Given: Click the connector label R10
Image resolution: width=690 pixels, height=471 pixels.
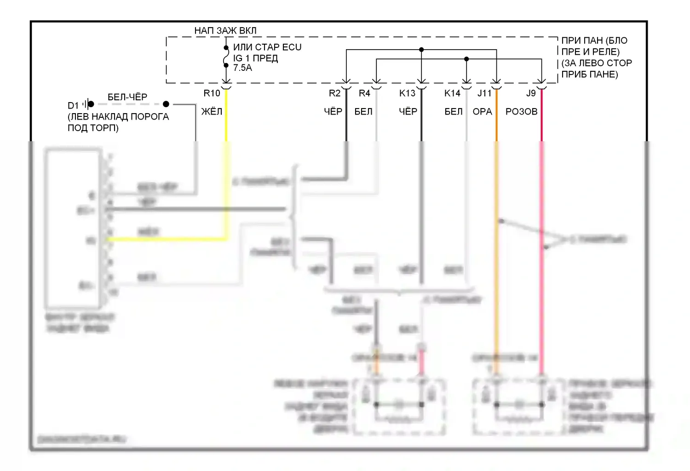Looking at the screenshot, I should click(x=212, y=93).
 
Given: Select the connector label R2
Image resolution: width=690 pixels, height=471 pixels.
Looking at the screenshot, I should click(x=334, y=93).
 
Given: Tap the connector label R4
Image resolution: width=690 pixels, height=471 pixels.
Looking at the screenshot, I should click(x=364, y=93).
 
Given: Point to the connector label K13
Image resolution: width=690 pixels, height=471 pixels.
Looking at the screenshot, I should click(x=407, y=93).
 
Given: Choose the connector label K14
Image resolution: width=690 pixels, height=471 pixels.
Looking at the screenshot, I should click(x=452, y=93).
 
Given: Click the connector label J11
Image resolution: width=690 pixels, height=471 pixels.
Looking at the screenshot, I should click(x=484, y=93).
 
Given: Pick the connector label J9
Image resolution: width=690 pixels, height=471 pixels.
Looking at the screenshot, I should click(x=531, y=93).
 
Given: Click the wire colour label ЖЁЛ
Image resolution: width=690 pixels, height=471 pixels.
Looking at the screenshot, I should click(x=212, y=111).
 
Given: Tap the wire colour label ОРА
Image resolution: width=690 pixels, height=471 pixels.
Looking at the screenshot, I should click(x=482, y=111).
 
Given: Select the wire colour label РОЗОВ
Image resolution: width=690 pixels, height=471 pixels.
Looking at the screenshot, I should click(x=521, y=111).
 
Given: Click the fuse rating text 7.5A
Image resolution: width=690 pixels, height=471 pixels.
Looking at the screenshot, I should click(x=242, y=68).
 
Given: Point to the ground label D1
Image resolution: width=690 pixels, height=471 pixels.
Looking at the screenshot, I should click(x=73, y=105).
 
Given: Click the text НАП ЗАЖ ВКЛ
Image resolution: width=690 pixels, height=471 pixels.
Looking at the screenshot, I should click(x=225, y=30).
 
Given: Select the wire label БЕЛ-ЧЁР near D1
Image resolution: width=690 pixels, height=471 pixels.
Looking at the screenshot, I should click(x=127, y=97).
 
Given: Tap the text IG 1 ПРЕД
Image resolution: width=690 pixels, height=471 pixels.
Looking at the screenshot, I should click(x=255, y=58).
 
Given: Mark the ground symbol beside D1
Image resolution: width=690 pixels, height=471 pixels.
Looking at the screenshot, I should click(x=88, y=104).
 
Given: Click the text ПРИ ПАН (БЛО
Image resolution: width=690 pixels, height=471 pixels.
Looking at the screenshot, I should click(x=594, y=40).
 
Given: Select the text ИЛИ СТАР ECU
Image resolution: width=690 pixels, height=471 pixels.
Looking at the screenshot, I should click(x=267, y=47).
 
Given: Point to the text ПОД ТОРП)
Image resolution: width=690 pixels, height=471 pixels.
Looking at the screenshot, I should click(x=93, y=128).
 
